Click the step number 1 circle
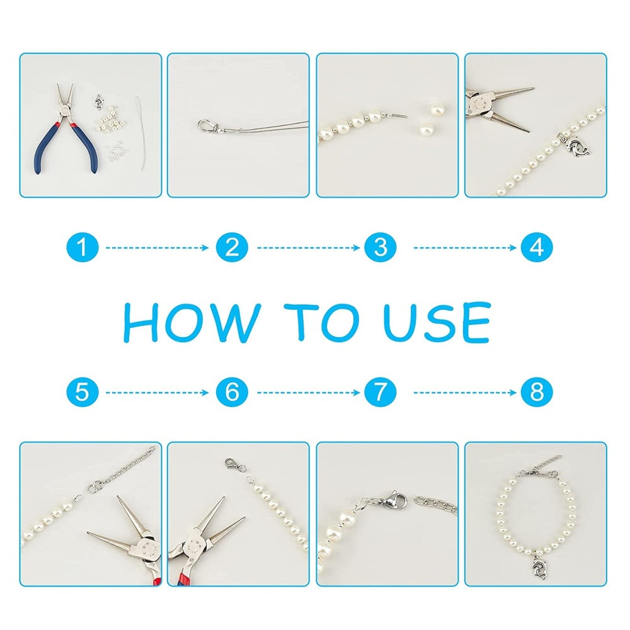coord(83,247)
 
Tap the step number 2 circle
coord(232,247)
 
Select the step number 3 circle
coord(380,247)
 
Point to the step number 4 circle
coord(537,247)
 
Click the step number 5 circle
coord(83,392)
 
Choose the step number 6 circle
coord(232,392)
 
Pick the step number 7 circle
coord(380,392)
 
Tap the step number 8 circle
coord(537,392)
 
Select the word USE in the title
coord(437,321)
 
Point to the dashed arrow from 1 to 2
coord(157,248)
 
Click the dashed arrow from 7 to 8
coord(465,392)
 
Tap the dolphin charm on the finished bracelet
coord(539,567)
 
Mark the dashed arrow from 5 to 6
coord(157,392)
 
